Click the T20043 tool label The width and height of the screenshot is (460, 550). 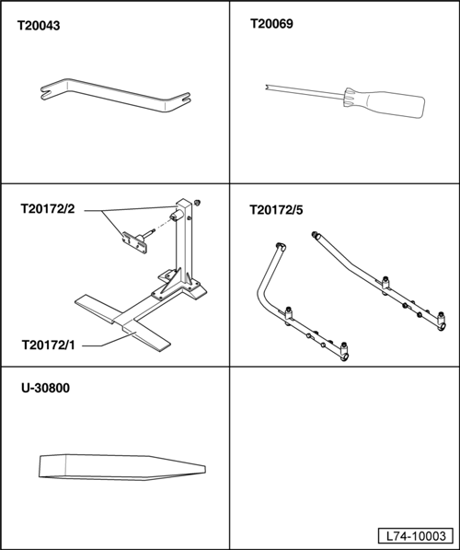click(39, 26)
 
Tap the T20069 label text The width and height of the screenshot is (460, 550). click(271, 24)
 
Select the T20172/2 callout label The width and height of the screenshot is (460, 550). click(48, 209)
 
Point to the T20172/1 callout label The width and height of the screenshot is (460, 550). click(49, 345)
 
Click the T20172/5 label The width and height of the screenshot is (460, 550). click(276, 210)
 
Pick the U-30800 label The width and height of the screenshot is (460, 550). click(46, 388)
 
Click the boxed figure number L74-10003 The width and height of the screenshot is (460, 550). click(416, 536)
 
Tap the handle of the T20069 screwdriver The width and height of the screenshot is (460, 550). click(385, 103)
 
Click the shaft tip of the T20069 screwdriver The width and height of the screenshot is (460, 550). click(267, 87)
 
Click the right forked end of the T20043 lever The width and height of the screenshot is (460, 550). click(184, 99)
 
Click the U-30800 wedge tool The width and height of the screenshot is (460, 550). click(122, 468)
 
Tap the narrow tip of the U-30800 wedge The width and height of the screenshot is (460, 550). click(204, 469)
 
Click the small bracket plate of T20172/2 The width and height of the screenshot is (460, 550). click(134, 242)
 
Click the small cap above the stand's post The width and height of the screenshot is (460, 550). click(197, 203)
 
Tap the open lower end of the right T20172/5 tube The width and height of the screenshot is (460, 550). click(443, 327)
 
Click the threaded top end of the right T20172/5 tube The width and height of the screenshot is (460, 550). click(315, 234)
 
